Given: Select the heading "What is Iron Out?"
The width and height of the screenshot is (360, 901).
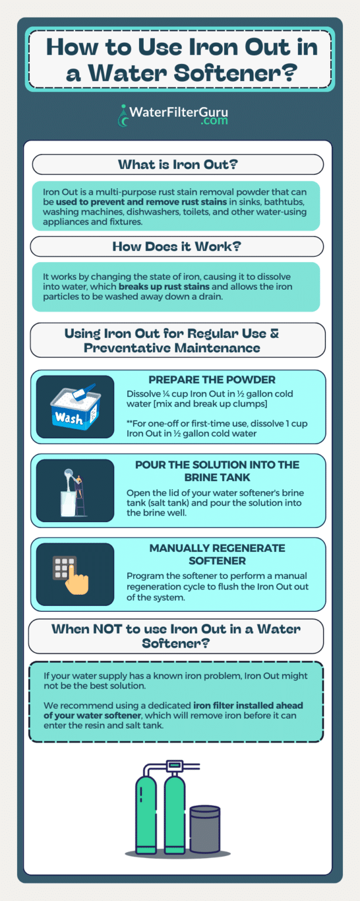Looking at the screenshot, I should [x=178, y=164].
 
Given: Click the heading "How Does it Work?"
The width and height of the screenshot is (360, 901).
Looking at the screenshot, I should [x=176, y=246].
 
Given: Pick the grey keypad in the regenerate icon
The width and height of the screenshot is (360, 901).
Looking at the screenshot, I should [x=64, y=568].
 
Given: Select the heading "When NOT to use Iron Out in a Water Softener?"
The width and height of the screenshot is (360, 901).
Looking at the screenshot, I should [x=176, y=636].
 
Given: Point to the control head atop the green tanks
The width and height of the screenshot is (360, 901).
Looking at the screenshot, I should [x=174, y=765].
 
